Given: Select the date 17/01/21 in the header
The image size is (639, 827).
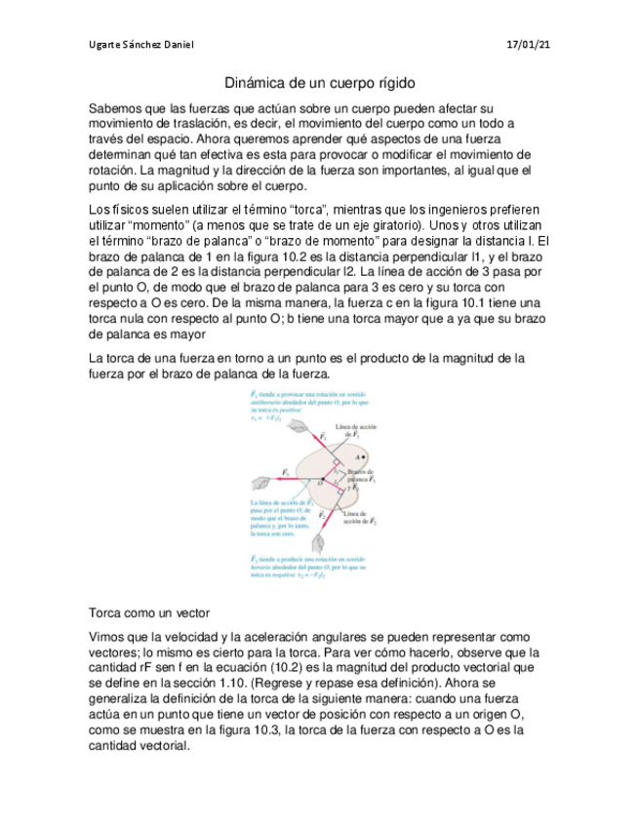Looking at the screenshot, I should pyautogui.click(x=528, y=45).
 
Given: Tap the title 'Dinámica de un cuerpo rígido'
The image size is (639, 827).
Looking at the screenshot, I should pyautogui.click(x=319, y=84).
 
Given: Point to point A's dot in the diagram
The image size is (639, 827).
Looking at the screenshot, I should pyautogui.click(x=366, y=455).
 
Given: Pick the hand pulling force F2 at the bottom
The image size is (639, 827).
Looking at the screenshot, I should pyautogui.click(x=319, y=542).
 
